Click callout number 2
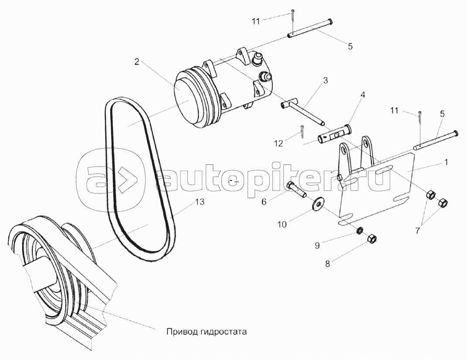(136, 62)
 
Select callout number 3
(326, 81)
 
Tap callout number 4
(363, 95)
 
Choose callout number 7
(417, 231)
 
